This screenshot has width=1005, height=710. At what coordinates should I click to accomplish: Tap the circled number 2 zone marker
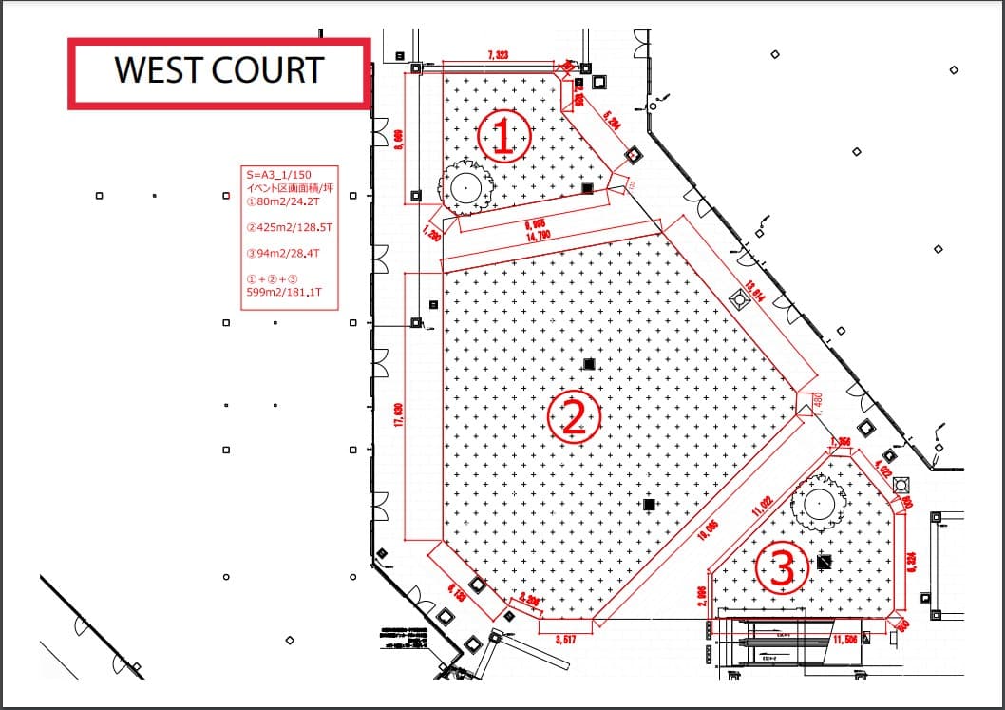pyautogui.click(x=573, y=416)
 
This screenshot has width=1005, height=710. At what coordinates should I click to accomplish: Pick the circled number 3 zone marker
pyautogui.click(x=781, y=567)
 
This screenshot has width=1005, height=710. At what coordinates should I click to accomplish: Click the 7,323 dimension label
pyautogui.click(x=498, y=56)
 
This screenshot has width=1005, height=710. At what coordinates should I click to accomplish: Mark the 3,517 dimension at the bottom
pyautogui.click(x=566, y=639)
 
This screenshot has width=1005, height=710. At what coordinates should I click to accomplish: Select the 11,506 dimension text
pyautogui.click(x=844, y=639)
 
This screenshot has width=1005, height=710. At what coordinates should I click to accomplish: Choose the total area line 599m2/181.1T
pyautogui.click(x=284, y=293)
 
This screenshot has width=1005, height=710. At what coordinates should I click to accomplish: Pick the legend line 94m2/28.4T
pyautogui.click(x=282, y=254)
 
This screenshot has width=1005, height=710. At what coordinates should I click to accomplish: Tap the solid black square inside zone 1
pyautogui.click(x=588, y=188)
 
